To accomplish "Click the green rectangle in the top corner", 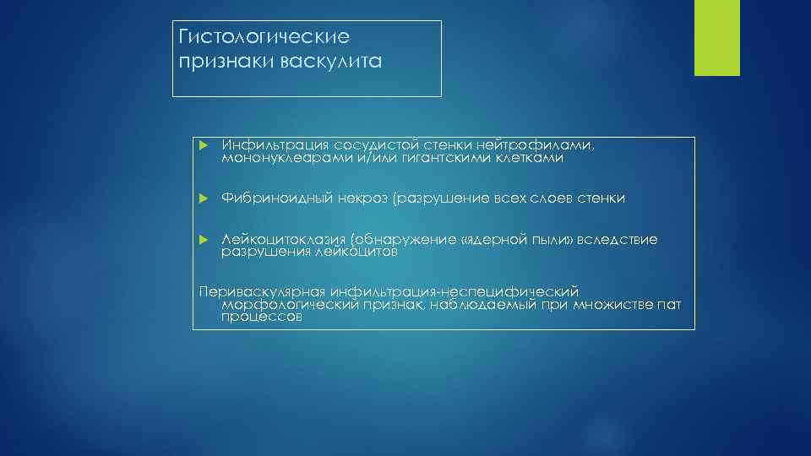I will pyautogui.click(x=716, y=38).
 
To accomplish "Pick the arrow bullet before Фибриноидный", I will pyautogui.click(x=203, y=198).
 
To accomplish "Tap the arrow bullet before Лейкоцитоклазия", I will pyautogui.click(x=203, y=241).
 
